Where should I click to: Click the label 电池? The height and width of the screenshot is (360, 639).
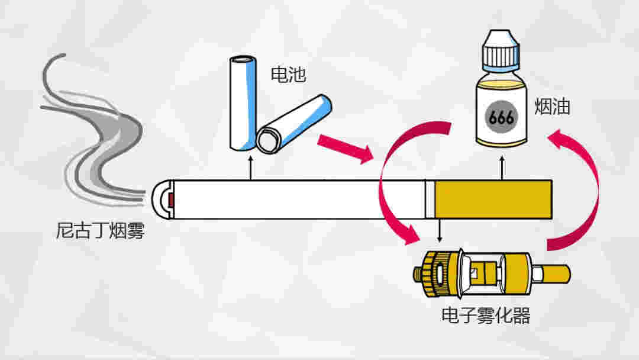click(x=288, y=75)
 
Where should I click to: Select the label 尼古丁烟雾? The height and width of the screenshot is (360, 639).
click(x=100, y=231)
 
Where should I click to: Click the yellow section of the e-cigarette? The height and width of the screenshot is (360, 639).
click(x=493, y=198)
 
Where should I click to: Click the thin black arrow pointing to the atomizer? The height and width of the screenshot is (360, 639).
click(x=439, y=231)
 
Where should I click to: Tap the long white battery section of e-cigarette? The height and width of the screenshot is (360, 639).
click(x=296, y=198)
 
